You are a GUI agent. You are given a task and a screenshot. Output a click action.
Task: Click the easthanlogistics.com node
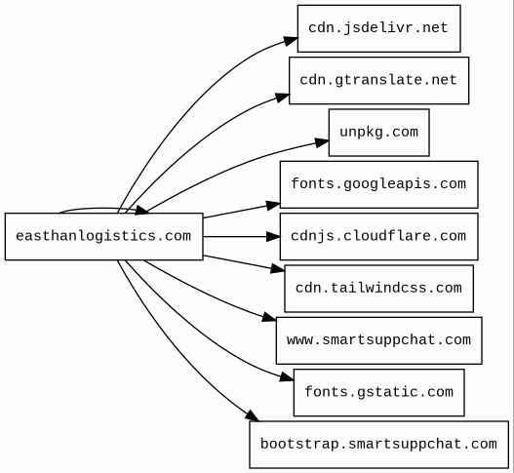[104, 236]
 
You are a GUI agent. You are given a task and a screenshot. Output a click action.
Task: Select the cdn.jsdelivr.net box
[379, 28]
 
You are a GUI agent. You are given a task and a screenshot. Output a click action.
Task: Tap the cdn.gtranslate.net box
[379, 80]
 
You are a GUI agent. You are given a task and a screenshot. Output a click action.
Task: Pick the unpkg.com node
[379, 133]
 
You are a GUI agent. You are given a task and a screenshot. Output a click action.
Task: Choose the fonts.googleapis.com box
[379, 184]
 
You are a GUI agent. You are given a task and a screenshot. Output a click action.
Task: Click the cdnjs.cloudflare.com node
[379, 236]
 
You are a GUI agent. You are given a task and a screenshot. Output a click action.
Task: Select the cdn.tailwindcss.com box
[379, 289]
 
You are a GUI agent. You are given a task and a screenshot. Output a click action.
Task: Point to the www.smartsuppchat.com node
[379, 340]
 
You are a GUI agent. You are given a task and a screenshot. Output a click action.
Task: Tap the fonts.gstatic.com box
[379, 392]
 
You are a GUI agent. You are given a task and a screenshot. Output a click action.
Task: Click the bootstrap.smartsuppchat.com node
[379, 445]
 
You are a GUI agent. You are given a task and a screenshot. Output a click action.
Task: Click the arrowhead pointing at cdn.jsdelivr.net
[291, 41]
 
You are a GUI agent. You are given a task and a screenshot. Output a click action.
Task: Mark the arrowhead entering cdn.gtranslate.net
[283, 97]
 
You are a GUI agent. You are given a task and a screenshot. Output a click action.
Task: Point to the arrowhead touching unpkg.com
[322, 142]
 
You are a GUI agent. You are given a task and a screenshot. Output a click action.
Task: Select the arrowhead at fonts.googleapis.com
[273, 206]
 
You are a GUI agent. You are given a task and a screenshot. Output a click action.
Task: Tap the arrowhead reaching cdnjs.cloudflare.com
[273, 236]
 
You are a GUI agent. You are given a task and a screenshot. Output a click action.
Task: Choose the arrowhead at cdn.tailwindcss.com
[278, 269]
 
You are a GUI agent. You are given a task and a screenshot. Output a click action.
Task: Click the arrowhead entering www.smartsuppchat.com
[269, 317]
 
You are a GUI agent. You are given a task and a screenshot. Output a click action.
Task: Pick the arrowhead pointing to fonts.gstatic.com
[287, 377]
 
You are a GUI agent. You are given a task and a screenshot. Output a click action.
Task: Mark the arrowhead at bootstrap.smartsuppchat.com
[253, 415]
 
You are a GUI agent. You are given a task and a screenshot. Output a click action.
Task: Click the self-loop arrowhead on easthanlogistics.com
[141, 210]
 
